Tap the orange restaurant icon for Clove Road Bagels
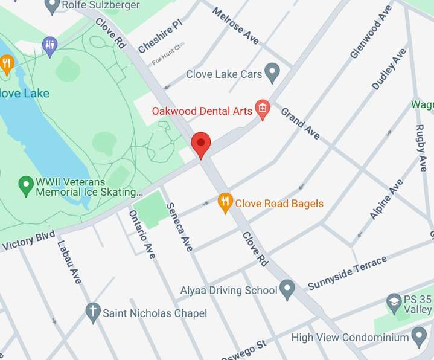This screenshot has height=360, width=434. pyautogui.click(x=225, y=203)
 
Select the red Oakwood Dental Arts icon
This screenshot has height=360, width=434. pyautogui.click(x=263, y=109)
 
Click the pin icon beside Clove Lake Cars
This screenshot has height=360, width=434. pyautogui.click(x=273, y=74)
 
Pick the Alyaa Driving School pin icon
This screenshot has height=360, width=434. pyautogui.click(x=287, y=289)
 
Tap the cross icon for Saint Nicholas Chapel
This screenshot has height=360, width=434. pyautogui.click(x=92, y=312)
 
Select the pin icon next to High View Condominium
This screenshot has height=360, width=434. pyautogui.click(x=418, y=336)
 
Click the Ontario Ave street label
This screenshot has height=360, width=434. pyautogui.click(x=142, y=234)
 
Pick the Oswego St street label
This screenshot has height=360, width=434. pyautogui.click(x=244, y=349)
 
